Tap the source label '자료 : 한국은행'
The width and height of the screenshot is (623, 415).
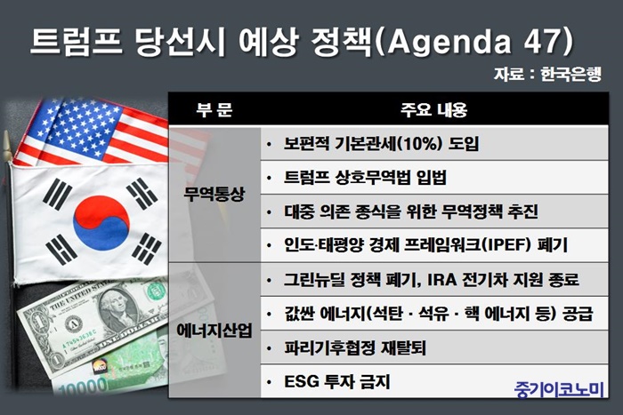pyautogui.click(x=548, y=74)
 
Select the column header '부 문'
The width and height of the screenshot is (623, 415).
pyautogui.click(x=214, y=109)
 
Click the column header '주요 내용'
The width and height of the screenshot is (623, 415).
pyautogui.click(x=434, y=109)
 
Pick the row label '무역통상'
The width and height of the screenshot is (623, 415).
pyautogui.click(x=214, y=194)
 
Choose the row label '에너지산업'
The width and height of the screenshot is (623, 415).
pyautogui.click(x=214, y=330)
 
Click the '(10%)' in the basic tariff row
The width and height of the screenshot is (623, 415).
pyautogui.click(x=417, y=144)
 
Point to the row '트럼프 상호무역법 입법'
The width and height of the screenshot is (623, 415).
pyautogui.click(x=365, y=178)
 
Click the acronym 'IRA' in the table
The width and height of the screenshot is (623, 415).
pyautogui.click(x=441, y=280)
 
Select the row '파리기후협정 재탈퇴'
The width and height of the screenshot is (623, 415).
pyautogui.click(x=355, y=348)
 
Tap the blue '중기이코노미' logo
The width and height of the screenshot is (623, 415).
pyautogui.click(x=559, y=389)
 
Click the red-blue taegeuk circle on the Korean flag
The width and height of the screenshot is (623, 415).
pyautogui.click(x=101, y=223)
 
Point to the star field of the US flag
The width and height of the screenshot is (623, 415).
pyautogui.click(x=76, y=127)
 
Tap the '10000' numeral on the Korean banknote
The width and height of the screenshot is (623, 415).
pyautogui.click(x=83, y=387)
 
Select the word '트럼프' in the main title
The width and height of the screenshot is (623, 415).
pyautogui.click(x=77, y=41)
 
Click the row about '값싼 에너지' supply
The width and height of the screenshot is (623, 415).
pyautogui.click(x=438, y=314)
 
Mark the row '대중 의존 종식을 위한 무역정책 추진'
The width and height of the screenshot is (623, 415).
pyautogui.click(x=411, y=211)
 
